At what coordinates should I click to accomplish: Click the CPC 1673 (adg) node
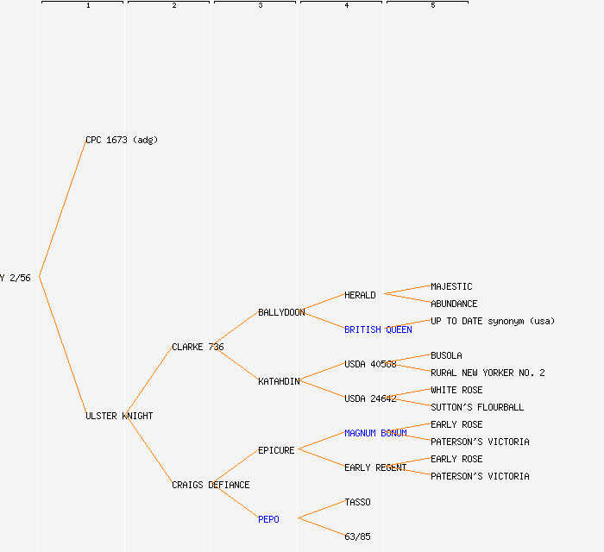coord(121,140)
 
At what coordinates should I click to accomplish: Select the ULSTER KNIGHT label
coord(119,416)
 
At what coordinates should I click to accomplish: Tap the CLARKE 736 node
coord(198,347)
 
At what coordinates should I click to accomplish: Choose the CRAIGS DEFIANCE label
coord(211,485)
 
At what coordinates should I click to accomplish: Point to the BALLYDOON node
coord(281,312)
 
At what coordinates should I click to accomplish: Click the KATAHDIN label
coord(279,381)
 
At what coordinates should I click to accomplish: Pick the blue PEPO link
coord(268,519)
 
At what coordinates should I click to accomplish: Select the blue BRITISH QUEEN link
coord(378,329)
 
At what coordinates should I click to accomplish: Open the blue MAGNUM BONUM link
coord(375,433)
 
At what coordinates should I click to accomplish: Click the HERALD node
coord(360,295)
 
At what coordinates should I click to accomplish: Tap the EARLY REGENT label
coord(375,467)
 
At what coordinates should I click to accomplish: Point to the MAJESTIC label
coord(451,286)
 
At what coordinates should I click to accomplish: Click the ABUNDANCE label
coord(454,304)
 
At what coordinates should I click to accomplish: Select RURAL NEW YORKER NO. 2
coord(488,373)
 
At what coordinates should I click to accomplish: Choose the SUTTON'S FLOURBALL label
coord(477,407)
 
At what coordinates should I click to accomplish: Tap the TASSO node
coord(357,502)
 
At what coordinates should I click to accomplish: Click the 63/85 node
coord(357,536)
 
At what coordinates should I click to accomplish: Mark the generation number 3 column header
coord(260,5)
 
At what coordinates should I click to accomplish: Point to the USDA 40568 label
coord(370,364)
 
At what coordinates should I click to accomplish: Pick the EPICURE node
coord(276,450)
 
